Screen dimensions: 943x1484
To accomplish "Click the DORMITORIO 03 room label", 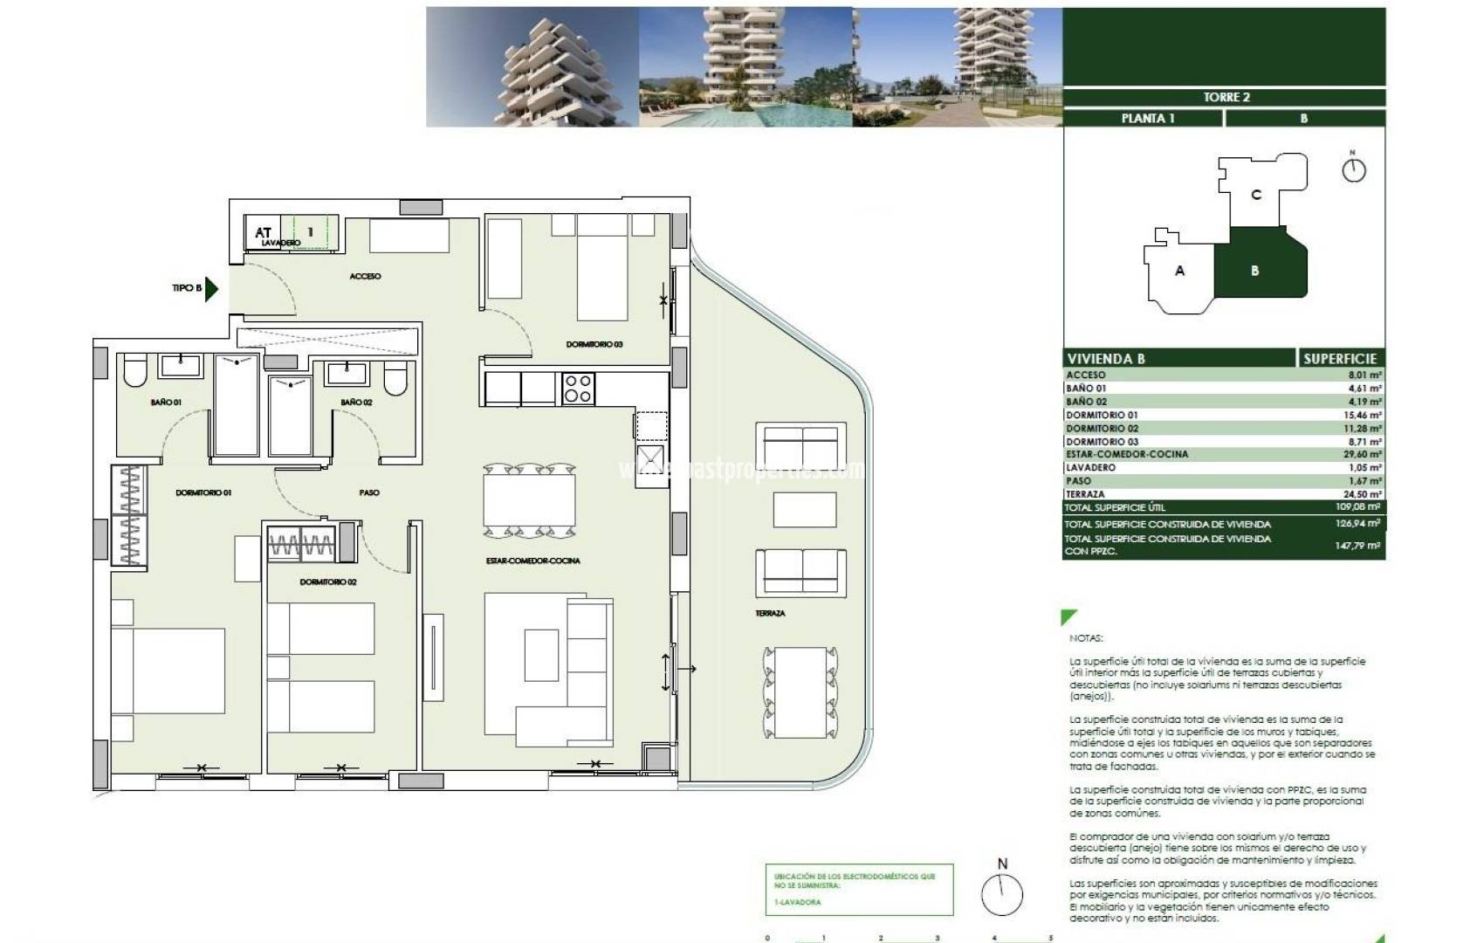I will pos(594,344).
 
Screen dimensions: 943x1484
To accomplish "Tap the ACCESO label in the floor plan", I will pos(365,276).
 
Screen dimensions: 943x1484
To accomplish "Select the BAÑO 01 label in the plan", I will pos(165,403).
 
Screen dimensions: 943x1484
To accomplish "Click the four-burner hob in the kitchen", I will pos(578,388).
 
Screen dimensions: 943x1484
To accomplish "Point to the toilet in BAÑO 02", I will pos(395,376).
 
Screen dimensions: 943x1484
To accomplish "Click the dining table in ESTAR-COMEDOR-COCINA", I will pos(529,499).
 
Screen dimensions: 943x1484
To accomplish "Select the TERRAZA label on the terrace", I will pos(770,614).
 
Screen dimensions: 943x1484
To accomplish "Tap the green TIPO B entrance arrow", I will pos(210,288).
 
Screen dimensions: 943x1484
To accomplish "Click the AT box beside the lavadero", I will pos(263,232).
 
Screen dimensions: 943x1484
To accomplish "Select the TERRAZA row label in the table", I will pos(1085,494).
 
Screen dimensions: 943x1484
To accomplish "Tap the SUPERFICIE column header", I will pos(1339,359).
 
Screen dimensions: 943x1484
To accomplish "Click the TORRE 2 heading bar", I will pos(1226,97).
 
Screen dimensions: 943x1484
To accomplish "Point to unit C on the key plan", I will pos(1255,195).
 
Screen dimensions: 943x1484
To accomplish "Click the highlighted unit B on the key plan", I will pos(1255,271).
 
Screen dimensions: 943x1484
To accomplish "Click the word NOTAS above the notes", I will pos(1086,638).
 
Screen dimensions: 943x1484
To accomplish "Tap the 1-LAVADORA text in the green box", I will pos(797,902).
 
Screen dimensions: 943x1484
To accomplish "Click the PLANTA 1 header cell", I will pos(1147,119).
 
